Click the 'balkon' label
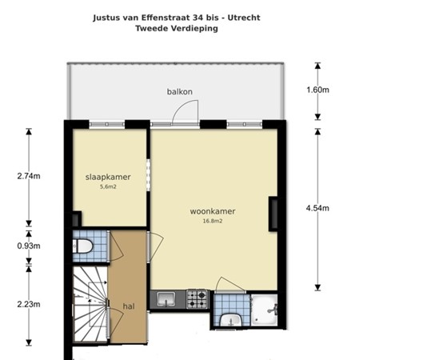coord(180,91)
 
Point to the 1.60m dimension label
coord(317,90)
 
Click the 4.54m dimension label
coord(317,208)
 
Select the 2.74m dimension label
coord(30,176)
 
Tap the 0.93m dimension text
coord(30,246)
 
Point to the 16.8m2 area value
coord(212,222)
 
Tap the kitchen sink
coord(167,299)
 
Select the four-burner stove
coord(197,299)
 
